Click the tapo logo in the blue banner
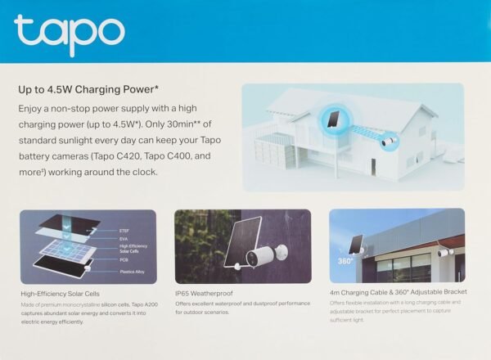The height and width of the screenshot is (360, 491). [x=69, y=34]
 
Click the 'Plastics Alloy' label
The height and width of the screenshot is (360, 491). [x=131, y=271]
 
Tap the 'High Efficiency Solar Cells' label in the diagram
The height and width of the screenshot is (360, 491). [x=133, y=249]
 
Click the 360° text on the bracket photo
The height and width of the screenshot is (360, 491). [x=345, y=262]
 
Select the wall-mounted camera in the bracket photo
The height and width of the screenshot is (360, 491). [x=444, y=253]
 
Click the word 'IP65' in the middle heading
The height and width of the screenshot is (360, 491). [x=185, y=293]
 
